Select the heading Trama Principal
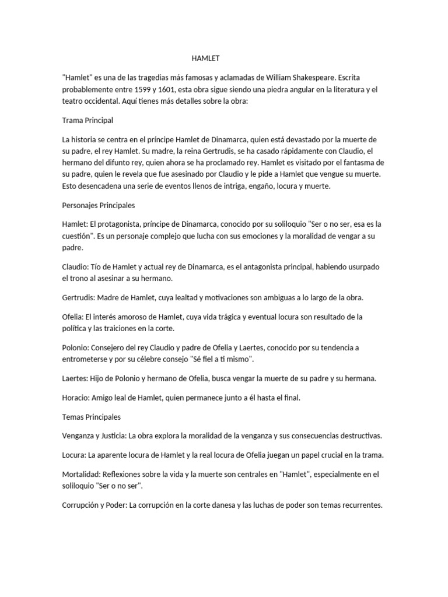tap(87, 120)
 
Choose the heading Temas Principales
tap(91, 417)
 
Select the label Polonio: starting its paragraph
tap(76, 347)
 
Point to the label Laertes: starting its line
tap(76, 378)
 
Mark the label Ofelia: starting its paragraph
tap(73, 317)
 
